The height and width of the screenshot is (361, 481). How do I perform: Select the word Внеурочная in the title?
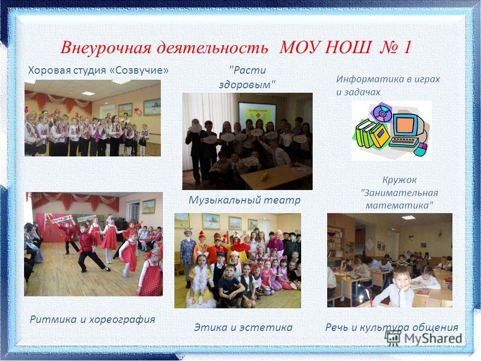106,48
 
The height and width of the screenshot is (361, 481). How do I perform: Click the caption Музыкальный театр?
245,200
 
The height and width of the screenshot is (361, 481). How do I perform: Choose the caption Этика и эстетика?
244,327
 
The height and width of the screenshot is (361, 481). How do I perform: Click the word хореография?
122,319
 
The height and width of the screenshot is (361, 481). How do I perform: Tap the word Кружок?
399,180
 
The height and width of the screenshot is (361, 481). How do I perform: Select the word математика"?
400,205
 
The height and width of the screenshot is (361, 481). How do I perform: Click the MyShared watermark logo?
424,338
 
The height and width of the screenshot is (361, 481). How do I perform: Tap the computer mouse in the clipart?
420,149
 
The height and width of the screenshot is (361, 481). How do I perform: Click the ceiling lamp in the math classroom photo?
408,218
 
